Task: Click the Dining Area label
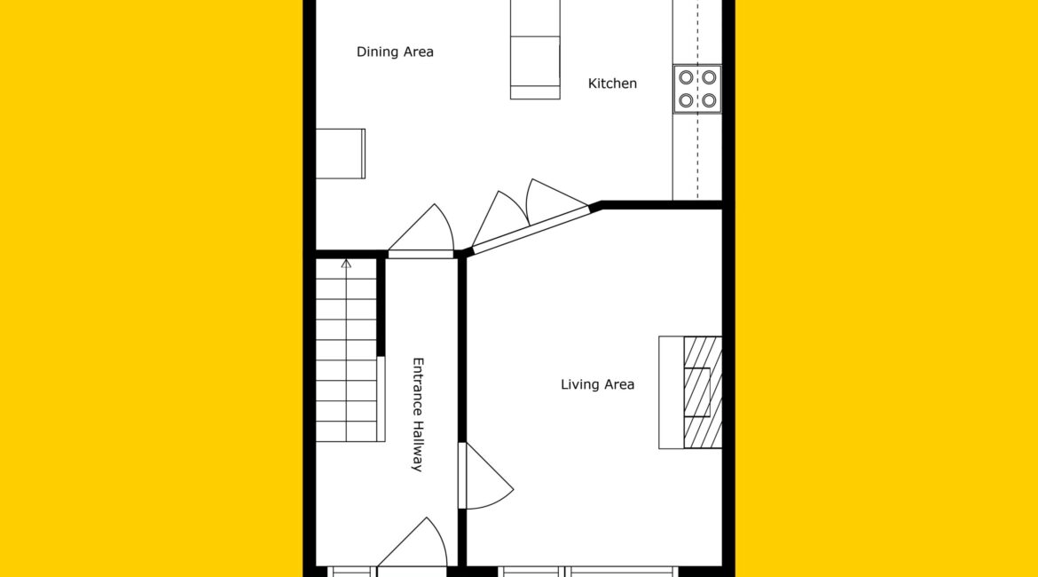click(x=395, y=51)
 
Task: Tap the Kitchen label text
click(x=612, y=83)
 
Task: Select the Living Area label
click(x=597, y=384)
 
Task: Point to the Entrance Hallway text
click(x=418, y=415)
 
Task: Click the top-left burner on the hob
click(x=686, y=77)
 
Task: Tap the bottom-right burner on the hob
click(x=709, y=100)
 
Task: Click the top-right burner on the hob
click(x=709, y=77)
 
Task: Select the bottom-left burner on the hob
click(x=686, y=100)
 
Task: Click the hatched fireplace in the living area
click(x=703, y=392)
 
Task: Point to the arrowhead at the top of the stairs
click(x=346, y=264)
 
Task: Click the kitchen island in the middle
click(x=535, y=50)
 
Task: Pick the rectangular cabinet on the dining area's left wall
click(x=341, y=154)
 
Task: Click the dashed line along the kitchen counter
click(x=697, y=99)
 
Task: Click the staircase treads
click(x=346, y=350)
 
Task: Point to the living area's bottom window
click(x=588, y=571)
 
